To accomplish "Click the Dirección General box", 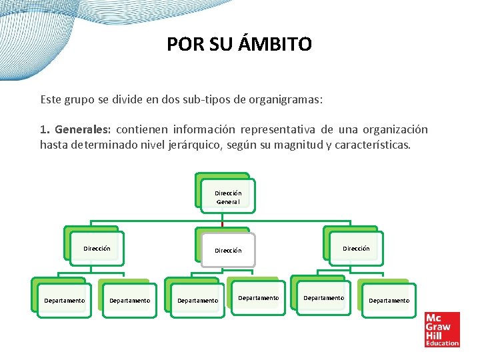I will pyautogui.click(x=228, y=197).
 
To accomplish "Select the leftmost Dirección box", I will pyautogui.click(x=97, y=249).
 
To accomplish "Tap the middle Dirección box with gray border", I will pyautogui.click(x=228, y=251).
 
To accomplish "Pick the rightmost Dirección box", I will pyautogui.click(x=356, y=249).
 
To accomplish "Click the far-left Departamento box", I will pyautogui.click(x=65, y=301).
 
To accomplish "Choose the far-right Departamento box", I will pyautogui.click(x=389, y=301).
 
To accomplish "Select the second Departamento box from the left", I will pyautogui.click(x=129, y=301).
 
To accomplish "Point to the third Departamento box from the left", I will pyautogui.click(x=197, y=301).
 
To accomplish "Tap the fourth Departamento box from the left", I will pyautogui.click(x=259, y=298).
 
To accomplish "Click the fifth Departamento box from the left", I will pyautogui.click(x=324, y=298).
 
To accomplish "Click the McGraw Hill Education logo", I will pyautogui.click(x=442, y=329).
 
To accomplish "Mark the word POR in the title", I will pyautogui.click(x=181, y=45).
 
